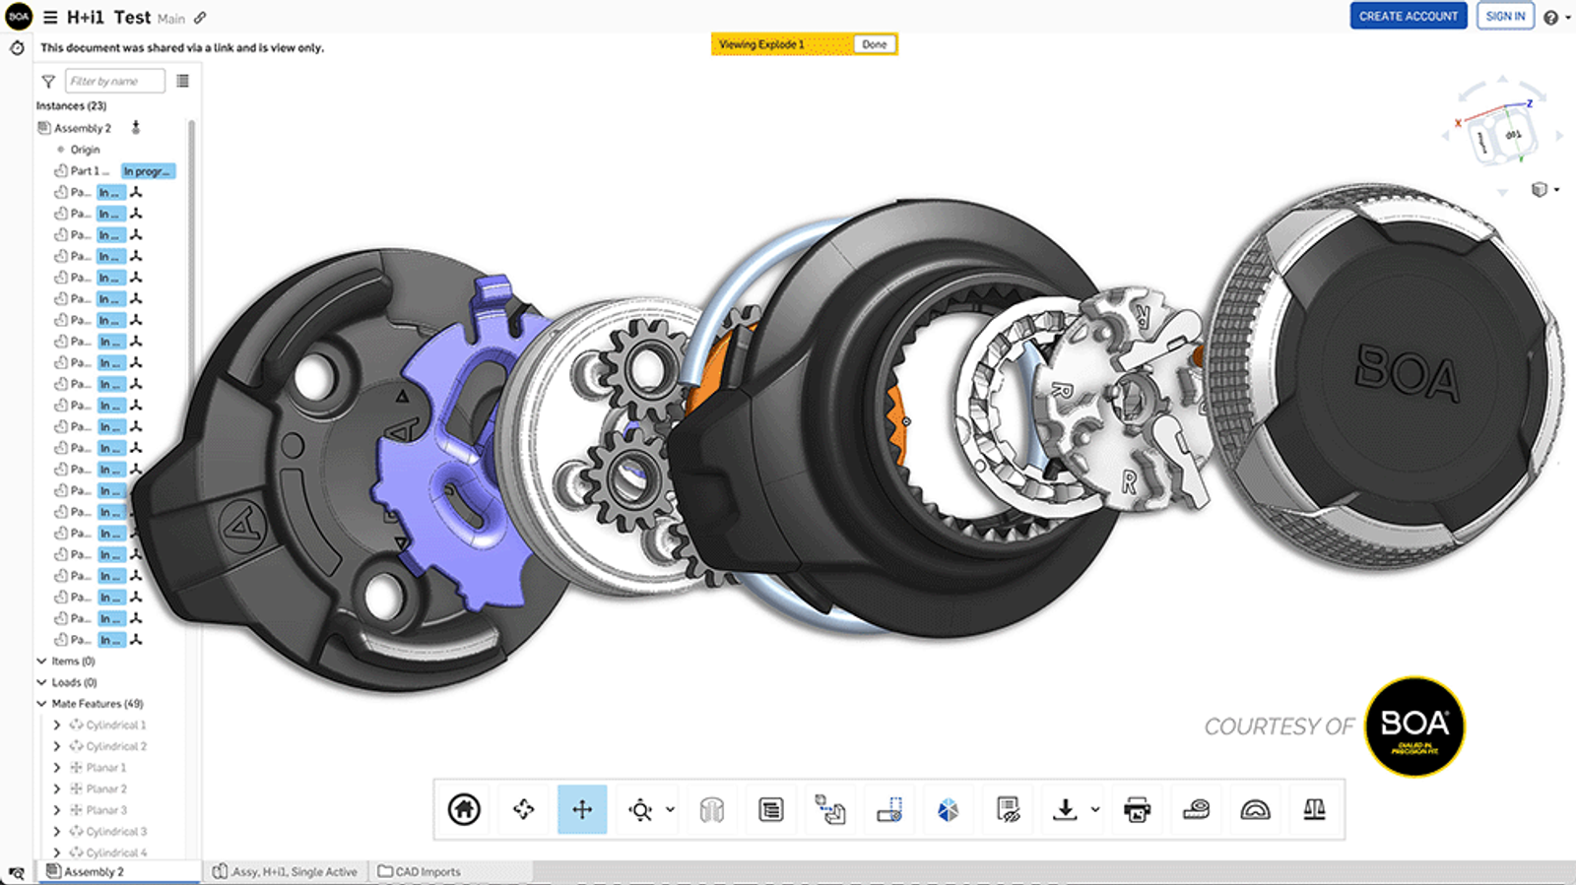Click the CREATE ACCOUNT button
1408,16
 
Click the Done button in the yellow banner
874,44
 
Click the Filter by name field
114,81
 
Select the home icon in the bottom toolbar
464,809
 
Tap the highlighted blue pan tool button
582,809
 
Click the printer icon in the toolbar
1137,809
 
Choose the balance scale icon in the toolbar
1314,809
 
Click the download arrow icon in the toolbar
1065,809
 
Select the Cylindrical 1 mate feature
115,725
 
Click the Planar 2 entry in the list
106,789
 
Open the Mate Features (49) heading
97,704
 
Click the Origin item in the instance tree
85,150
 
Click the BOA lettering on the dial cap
1407,374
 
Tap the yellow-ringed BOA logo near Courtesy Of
1414,727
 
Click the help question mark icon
1550,18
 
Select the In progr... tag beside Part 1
148,171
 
